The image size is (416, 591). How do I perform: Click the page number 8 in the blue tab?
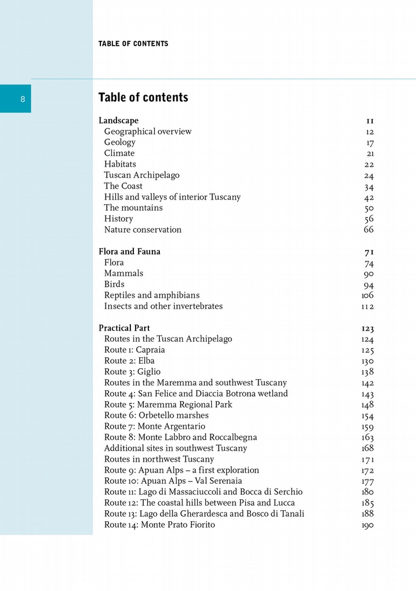[x=23, y=99]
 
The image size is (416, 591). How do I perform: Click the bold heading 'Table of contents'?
[x=143, y=98]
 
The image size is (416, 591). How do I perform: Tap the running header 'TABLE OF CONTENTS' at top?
[x=133, y=44]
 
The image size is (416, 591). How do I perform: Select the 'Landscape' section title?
[x=118, y=121]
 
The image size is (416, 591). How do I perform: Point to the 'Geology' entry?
[x=119, y=143]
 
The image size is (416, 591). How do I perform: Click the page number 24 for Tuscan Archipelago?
[x=369, y=175]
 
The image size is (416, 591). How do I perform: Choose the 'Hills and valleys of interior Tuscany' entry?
[x=172, y=197]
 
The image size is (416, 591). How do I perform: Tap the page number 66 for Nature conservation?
[x=369, y=230]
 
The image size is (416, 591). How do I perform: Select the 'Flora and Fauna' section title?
[x=129, y=252]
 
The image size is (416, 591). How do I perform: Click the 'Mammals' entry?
[x=123, y=274]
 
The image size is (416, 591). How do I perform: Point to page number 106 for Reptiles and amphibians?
[x=368, y=295]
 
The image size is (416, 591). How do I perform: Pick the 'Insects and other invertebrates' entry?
[x=163, y=306]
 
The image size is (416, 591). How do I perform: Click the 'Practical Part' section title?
[x=124, y=328]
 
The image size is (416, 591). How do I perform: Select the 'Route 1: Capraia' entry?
[x=134, y=350]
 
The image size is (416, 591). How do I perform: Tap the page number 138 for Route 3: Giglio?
[x=368, y=372]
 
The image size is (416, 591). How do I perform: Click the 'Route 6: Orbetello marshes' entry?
[x=156, y=416]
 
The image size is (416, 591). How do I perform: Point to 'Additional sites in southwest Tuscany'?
[x=175, y=448]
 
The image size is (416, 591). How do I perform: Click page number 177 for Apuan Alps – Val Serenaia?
[x=368, y=481]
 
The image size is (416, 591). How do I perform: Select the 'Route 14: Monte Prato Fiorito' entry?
[x=159, y=525]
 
